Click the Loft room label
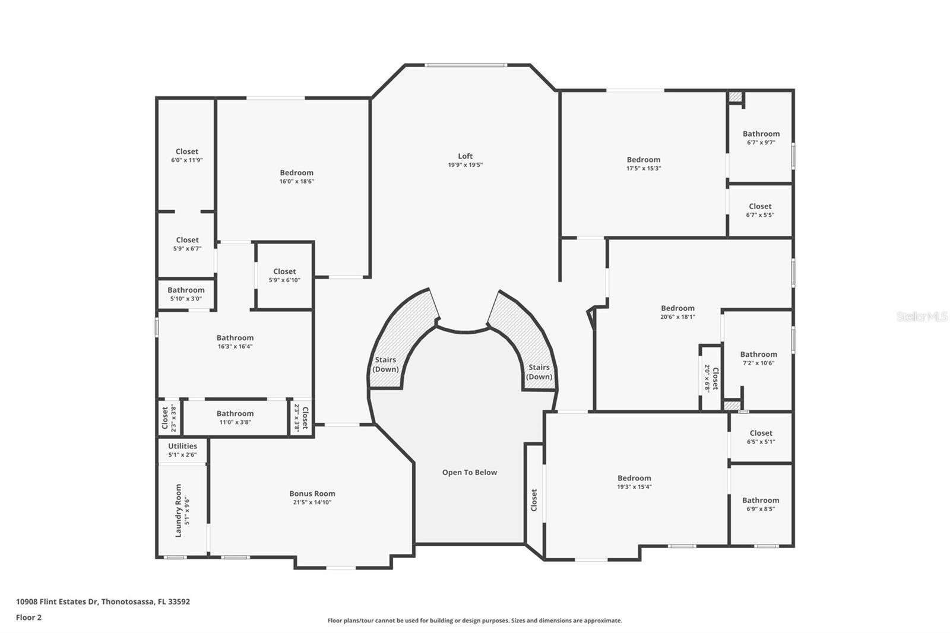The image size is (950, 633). click(465, 156)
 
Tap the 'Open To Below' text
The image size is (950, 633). click(469, 473)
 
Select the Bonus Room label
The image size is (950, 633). click(312, 493)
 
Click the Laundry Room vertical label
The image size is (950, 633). click(178, 511)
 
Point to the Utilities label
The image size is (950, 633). click(182, 446)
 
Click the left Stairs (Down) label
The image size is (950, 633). click(385, 365)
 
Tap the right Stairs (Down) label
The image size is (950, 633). click(539, 372)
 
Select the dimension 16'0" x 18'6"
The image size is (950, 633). click(296, 182)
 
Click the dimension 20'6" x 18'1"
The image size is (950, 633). click(677, 317)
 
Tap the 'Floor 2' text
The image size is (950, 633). click(28, 618)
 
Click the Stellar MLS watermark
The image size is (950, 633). click(921, 316)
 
